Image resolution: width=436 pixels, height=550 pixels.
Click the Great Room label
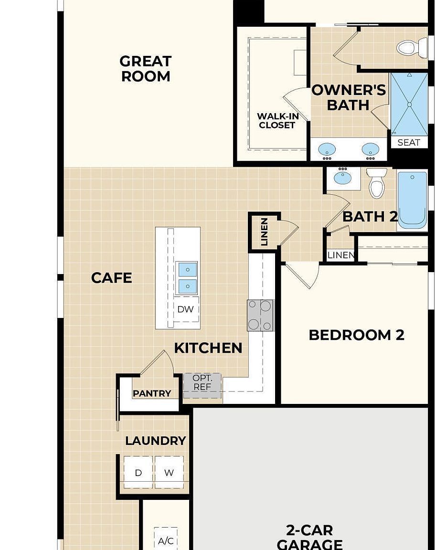click(x=146, y=69)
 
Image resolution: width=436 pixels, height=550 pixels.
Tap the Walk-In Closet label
click(x=277, y=121)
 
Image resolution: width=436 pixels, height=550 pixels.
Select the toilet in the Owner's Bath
click(x=412, y=47)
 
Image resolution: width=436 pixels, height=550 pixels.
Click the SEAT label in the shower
click(x=409, y=142)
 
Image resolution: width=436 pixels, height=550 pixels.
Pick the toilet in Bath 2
click(x=377, y=182)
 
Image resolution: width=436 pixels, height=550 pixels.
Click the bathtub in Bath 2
click(x=413, y=200)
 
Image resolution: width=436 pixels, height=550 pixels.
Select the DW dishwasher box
click(x=186, y=309)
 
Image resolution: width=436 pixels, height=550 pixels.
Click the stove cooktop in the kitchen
click(x=260, y=315)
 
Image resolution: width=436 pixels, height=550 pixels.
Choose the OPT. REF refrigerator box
click(x=202, y=385)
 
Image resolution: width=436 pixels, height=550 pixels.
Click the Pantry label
click(x=152, y=393)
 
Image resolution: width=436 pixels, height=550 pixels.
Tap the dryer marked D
click(x=138, y=472)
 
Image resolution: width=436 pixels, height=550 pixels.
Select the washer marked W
click(x=169, y=472)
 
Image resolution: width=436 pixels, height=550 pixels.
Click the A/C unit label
click(x=166, y=540)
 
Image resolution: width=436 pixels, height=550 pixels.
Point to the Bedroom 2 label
click(x=356, y=335)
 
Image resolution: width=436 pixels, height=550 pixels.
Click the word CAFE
click(x=112, y=278)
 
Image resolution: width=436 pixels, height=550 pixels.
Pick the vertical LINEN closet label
click(x=264, y=232)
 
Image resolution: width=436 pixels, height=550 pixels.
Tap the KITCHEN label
click(x=208, y=348)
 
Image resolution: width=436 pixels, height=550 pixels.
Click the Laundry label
click(x=155, y=441)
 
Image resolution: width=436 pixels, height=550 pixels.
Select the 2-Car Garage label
click(x=309, y=537)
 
